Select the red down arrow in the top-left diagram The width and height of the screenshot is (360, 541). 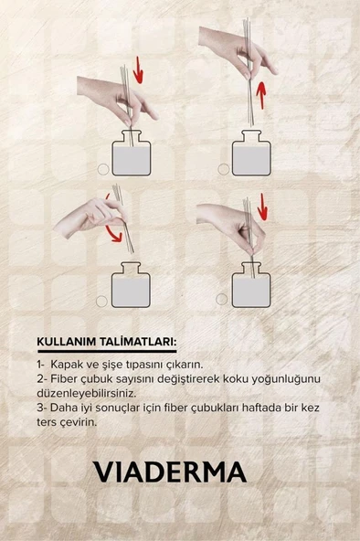pyautogui.click(x=138, y=69)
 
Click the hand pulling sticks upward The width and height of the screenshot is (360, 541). pyautogui.click(x=233, y=46)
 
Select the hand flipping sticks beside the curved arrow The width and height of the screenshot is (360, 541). pyautogui.click(x=87, y=217)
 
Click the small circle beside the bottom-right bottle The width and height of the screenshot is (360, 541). pyautogui.click(x=221, y=299)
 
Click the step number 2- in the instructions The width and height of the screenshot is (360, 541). pyautogui.click(x=41, y=377)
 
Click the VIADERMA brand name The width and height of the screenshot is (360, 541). pyautogui.click(x=169, y=472)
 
